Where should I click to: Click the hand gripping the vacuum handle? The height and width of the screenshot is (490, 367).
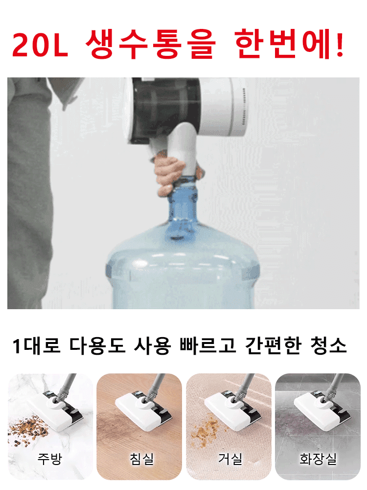pyautogui.click(x=168, y=174)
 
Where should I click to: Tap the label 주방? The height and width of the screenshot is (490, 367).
pyautogui.click(x=50, y=459)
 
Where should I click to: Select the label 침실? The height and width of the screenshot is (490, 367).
pyautogui.click(x=141, y=459)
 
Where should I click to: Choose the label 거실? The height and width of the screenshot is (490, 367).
pyautogui.click(x=230, y=459)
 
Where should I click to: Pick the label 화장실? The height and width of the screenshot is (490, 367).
pyautogui.click(x=318, y=459)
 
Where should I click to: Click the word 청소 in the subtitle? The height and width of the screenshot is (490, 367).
pyautogui.click(x=328, y=346)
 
